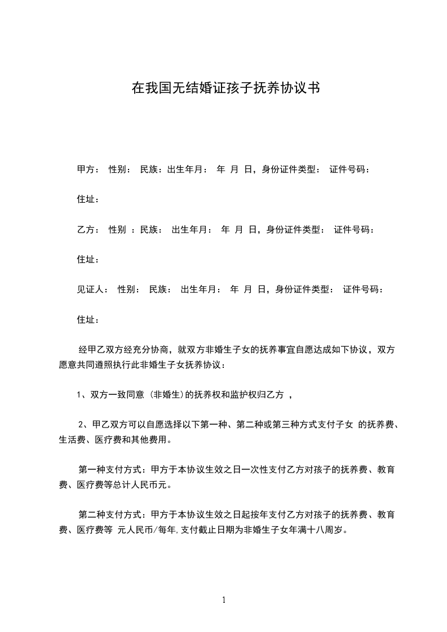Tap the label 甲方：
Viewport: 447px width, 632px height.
point(88,169)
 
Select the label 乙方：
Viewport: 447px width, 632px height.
point(88,229)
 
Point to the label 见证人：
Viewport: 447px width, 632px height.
point(92,290)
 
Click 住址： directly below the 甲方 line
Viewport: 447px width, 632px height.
point(88,199)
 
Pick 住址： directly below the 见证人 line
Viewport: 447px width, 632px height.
point(88,320)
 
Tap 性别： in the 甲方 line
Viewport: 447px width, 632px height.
point(120,169)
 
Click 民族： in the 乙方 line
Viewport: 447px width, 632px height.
point(152,229)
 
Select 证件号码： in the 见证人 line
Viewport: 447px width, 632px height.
point(364,290)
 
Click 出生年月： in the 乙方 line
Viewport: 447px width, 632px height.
point(192,229)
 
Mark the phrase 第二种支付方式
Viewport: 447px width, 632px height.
point(110,515)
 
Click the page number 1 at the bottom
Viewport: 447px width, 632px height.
point(224,600)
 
